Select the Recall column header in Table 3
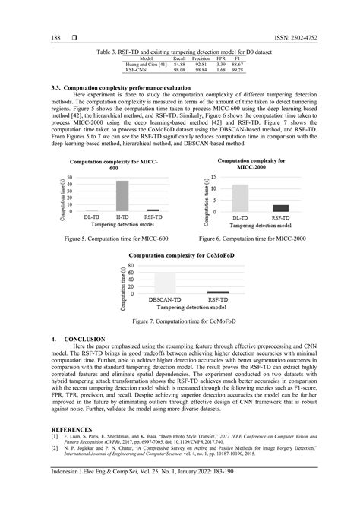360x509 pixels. (x=179, y=58)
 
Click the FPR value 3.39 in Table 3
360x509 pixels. (x=220, y=64)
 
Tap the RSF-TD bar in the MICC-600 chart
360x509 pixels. (x=153, y=210)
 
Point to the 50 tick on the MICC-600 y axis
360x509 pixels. (x=70, y=178)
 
